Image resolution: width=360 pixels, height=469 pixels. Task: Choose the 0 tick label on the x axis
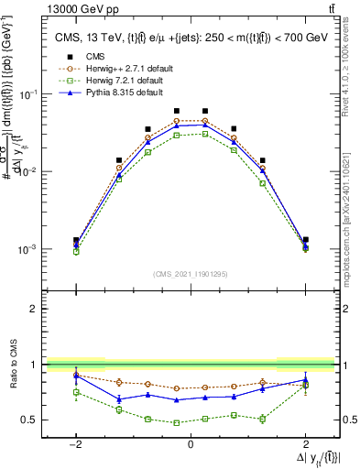[x=191, y=443]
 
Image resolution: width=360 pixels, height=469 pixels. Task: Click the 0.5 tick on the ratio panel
[x=29, y=420]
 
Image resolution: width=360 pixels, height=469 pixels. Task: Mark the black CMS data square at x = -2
[x=76, y=240]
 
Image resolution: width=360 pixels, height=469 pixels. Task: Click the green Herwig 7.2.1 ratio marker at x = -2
[x=76, y=392]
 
